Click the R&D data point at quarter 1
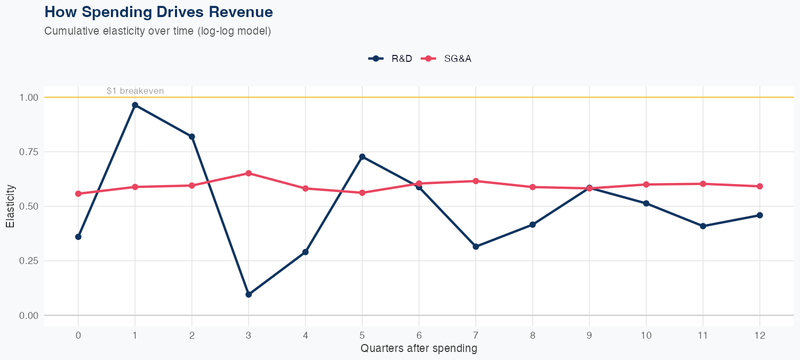click(135, 105)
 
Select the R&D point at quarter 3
click(249, 294)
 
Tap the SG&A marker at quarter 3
click(249, 173)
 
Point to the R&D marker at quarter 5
click(362, 157)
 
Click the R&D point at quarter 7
click(476, 246)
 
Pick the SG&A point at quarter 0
click(78, 194)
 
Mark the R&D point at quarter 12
click(759, 215)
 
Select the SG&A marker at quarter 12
click(759, 186)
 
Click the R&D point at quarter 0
click(78, 237)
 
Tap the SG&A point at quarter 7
click(476, 181)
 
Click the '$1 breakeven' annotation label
click(135, 91)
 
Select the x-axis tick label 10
click(646, 335)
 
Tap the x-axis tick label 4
click(305, 335)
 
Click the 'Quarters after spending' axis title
click(419, 349)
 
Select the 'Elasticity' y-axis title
click(10, 206)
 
